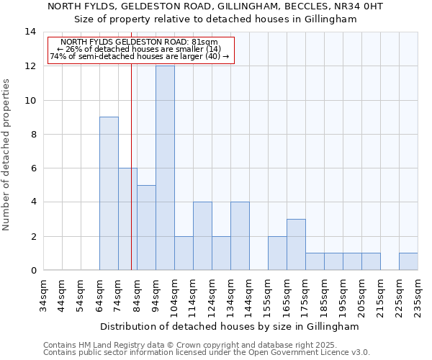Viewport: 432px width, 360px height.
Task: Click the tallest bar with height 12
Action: point(165,168)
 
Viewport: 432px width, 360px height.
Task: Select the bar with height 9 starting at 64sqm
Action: point(109,194)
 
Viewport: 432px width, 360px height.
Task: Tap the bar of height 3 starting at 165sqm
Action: point(296,245)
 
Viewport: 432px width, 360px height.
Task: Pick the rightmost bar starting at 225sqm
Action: point(408,261)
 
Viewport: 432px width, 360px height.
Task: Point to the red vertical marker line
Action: point(131,166)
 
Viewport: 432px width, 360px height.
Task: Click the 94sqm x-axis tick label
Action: point(156,294)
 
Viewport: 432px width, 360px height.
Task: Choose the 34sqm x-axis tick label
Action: point(43,294)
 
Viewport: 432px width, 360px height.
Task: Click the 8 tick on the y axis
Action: point(33,134)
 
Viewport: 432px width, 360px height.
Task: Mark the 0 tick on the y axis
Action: point(33,270)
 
